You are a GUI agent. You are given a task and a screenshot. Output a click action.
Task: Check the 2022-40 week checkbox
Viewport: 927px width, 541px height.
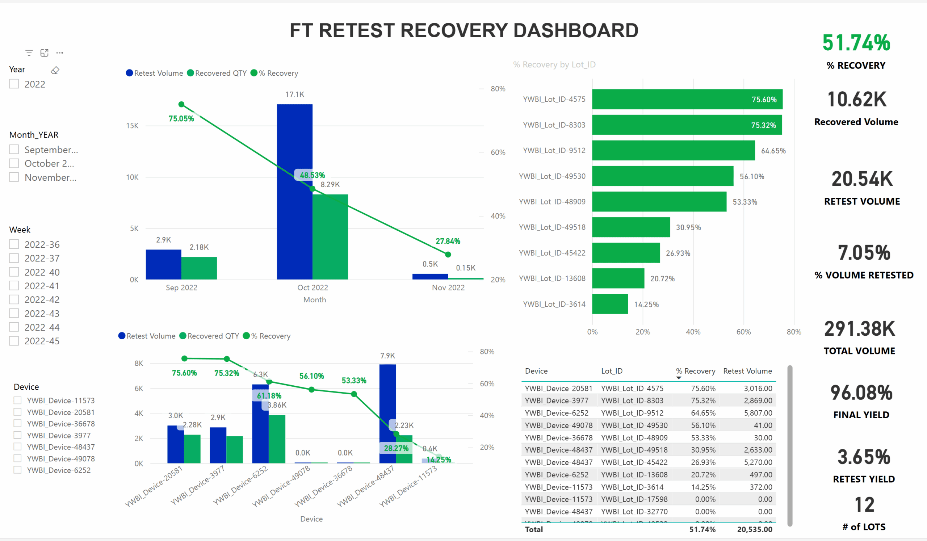coord(14,272)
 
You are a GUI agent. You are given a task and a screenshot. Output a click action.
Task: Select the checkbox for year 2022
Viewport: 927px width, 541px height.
coord(14,84)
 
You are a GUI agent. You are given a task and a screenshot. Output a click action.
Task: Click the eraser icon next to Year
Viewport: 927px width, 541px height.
coord(55,70)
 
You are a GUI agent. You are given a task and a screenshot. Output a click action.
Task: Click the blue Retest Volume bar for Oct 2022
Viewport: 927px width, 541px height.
coord(294,191)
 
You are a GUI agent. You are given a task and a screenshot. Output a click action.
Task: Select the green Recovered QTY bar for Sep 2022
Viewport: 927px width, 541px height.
coord(199,268)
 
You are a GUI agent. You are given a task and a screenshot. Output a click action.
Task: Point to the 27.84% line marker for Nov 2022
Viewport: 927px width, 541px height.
coord(448,255)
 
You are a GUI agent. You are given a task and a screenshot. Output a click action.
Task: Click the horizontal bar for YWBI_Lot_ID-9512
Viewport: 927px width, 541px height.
coord(673,150)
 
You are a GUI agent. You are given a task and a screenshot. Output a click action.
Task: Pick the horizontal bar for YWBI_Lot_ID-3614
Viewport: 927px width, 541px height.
coord(610,304)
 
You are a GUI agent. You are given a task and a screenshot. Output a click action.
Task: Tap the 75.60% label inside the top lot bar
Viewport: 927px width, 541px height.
coord(764,100)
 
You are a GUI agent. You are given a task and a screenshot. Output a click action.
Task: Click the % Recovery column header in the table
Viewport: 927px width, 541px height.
coord(695,371)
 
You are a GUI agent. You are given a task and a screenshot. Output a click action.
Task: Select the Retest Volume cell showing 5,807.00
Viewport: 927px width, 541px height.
coord(758,413)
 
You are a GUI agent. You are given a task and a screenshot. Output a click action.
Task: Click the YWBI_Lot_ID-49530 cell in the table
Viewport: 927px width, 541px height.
coord(634,425)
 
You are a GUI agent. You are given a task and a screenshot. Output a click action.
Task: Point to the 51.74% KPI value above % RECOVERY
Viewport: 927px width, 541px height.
coord(856,43)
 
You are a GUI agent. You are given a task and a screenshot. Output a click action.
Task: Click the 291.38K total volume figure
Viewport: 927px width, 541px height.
coord(859,329)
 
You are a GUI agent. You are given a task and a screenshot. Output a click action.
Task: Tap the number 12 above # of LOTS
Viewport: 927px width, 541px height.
coord(864,504)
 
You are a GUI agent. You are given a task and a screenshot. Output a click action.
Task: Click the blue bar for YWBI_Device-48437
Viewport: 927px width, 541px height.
coord(387,414)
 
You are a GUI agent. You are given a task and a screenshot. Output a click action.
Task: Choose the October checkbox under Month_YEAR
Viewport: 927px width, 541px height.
coord(14,163)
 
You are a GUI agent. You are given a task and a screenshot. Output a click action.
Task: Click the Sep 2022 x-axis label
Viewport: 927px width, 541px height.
coord(181,288)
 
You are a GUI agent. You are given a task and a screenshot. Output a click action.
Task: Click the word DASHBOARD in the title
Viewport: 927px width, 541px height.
coord(575,30)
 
